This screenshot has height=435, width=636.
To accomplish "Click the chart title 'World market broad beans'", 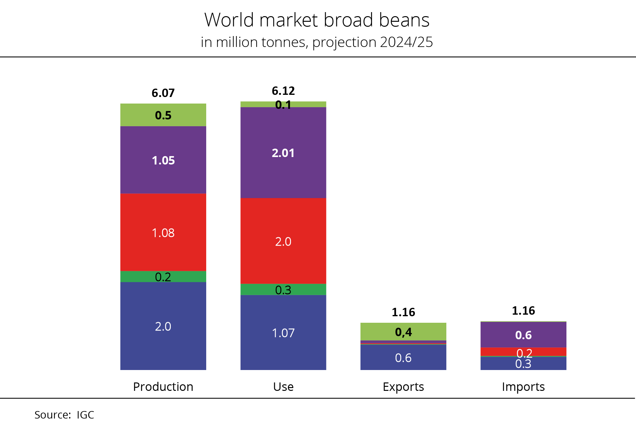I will coord(317,20).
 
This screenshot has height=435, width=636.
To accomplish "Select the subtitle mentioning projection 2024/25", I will coord(317,42).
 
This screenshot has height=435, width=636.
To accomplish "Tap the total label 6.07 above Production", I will coord(163,93).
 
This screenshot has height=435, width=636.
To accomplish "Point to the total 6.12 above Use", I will coord(283,91).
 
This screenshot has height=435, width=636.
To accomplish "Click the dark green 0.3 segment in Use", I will coord(283,289).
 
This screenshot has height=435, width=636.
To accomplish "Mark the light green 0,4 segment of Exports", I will coord(403,332).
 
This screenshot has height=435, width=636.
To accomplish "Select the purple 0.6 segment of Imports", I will coord(523,335).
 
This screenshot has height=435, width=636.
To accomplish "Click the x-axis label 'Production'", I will coord(163,387).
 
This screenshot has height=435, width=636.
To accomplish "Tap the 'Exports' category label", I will coord(403,387).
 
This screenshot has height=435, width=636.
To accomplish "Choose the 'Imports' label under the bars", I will coord(523,387).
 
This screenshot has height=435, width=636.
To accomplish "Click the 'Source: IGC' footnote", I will coord(64,415).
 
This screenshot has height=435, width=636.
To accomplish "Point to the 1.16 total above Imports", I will coord(523,311).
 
